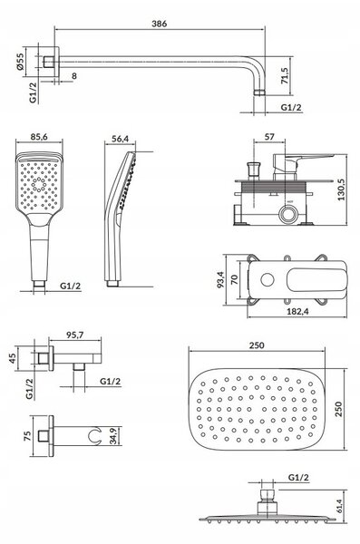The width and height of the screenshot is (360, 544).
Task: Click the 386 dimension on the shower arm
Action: coord(159,24)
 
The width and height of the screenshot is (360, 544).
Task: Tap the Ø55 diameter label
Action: coord(20,62)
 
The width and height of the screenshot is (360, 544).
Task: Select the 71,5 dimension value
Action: coord(285,75)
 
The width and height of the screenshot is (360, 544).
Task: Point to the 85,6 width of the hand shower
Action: coord(39,137)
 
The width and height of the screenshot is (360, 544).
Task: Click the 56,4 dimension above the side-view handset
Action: coord(120,139)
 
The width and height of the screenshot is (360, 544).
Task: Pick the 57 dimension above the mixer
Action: coord(269,137)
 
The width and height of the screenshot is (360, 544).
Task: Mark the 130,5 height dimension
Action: coord(341,189)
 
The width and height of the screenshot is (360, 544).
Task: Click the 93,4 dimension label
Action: coord(220,280)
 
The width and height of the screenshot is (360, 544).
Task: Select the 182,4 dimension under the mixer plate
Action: coord(297,311)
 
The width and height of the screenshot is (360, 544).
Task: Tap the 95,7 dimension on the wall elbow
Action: coord(74,335)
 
